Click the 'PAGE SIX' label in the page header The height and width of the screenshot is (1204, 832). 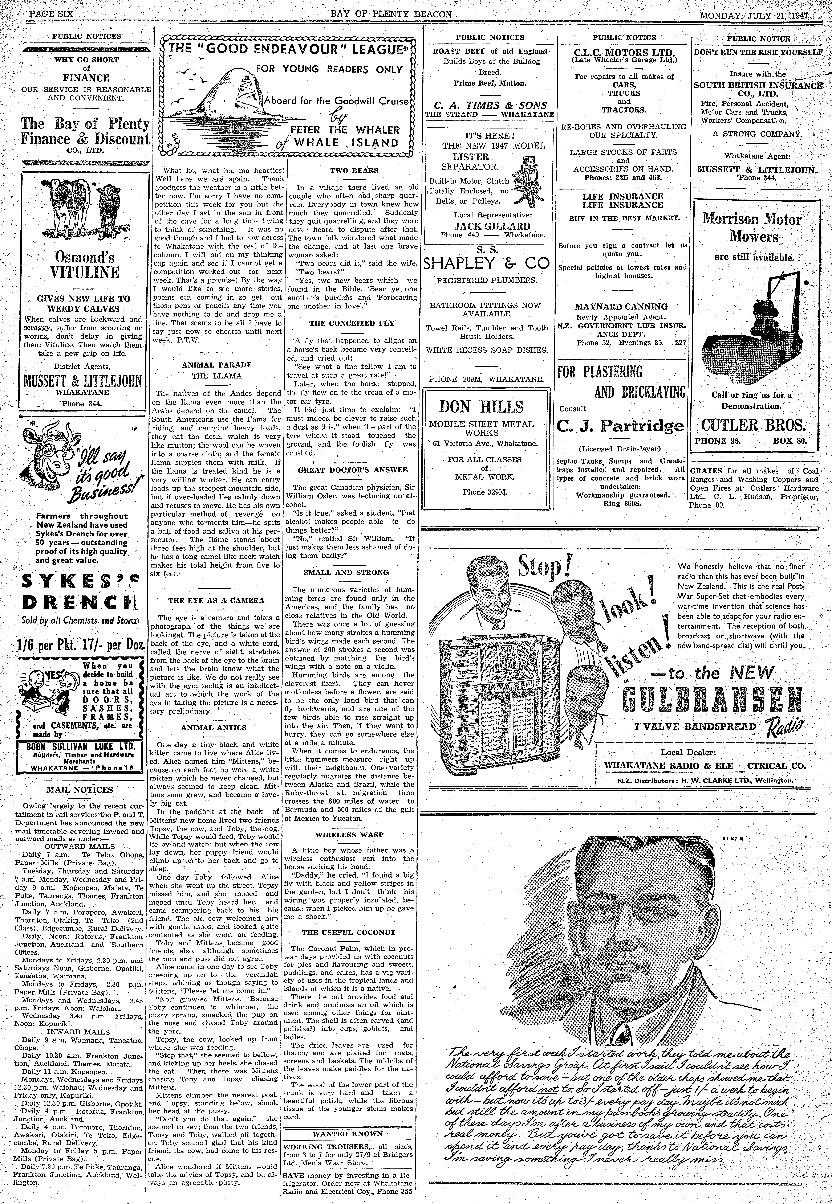pos(51,14)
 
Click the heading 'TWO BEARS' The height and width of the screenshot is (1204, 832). pos(354,170)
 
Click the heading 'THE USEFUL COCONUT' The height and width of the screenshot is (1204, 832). pos(349,932)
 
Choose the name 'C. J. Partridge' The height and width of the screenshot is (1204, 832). pos(620,426)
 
